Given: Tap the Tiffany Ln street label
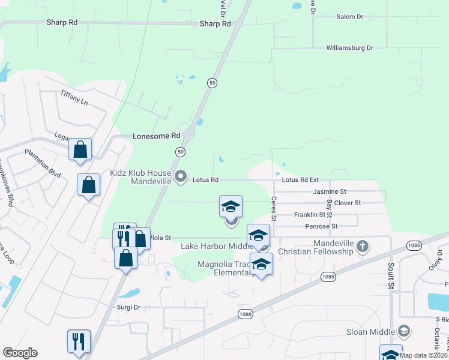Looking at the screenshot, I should pyautogui.click(x=74, y=98).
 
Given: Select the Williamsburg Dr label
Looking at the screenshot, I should pyautogui.click(x=349, y=47).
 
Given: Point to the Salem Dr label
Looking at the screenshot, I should pyautogui.click(x=350, y=17).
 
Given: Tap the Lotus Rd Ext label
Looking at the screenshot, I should pyautogui.click(x=300, y=180).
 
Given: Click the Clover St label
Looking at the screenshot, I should pyautogui.click(x=347, y=203).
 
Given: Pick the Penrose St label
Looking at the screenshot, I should pyautogui.click(x=321, y=226).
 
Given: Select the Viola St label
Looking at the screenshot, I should pyautogui.click(x=160, y=238).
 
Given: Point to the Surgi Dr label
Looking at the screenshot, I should pyautogui.click(x=128, y=307).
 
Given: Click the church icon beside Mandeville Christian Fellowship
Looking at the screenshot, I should pyautogui.click(x=362, y=245).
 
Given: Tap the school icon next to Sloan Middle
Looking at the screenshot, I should pyautogui.click(x=404, y=331).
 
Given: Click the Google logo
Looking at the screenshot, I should pyautogui.click(x=20, y=353).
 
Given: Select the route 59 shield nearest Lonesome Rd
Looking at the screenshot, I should pyautogui.click(x=180, y=152).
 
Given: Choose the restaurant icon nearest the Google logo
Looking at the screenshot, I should pyautogui.click(x=78, y=341).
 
